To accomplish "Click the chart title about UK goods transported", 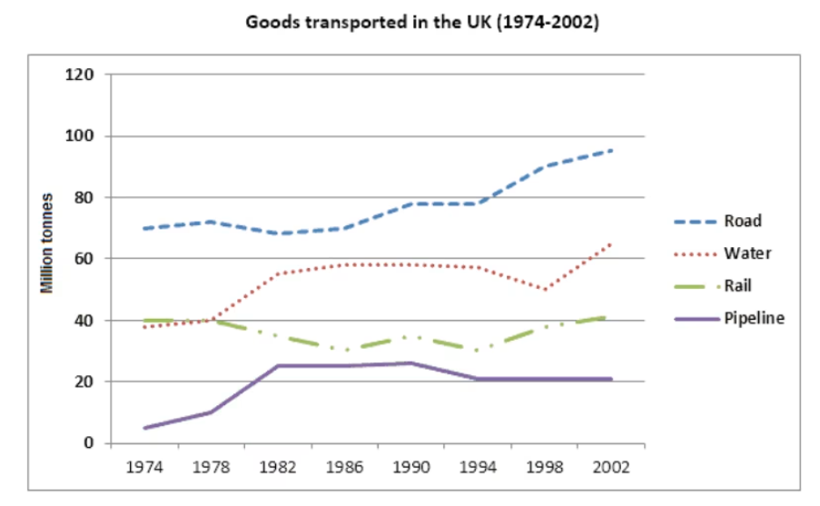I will coord(422,23).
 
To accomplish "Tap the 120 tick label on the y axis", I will coord(81,74).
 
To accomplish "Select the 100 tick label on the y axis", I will coord(81,136).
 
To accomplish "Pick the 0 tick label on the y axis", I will coord(89,443).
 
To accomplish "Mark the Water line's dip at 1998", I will coord(545,290).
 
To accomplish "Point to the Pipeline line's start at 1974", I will coord(144,428).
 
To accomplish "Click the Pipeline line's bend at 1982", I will coord(278,366).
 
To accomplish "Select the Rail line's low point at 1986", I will coord(345,351).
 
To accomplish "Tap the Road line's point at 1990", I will coord(411,203).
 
